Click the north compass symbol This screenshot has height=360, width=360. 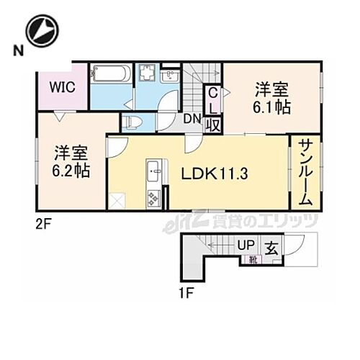click(41, 31)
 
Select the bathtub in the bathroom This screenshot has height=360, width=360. click(109, 74)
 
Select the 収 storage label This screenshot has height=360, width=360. click(213, 123)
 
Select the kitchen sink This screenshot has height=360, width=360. click(153, 173)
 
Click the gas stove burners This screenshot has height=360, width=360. click(153, 195)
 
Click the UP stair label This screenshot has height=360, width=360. click(247, 245)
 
